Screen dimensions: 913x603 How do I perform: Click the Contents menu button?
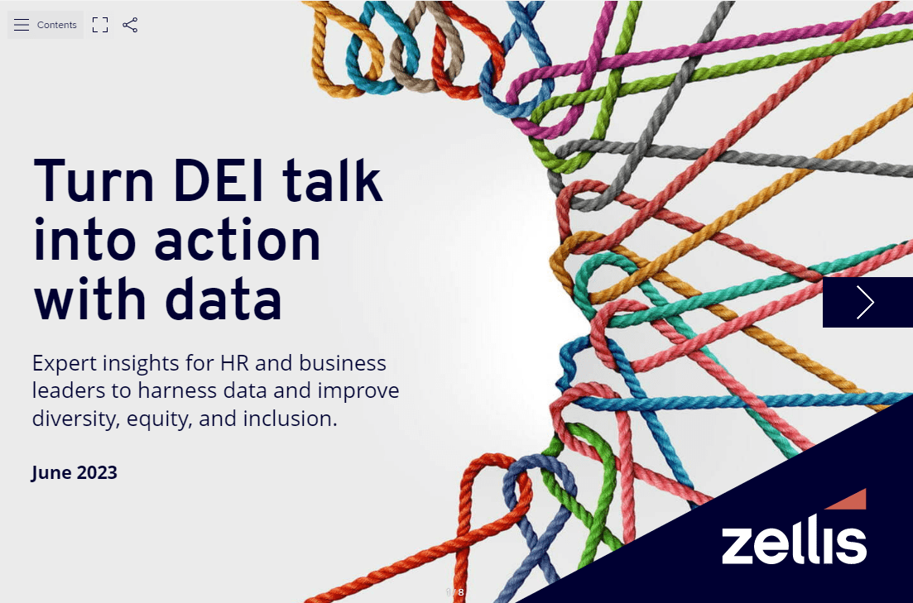pos(46,25)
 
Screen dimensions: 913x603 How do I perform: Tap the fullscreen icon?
pos(100,25)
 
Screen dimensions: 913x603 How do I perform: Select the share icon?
pos(130,25)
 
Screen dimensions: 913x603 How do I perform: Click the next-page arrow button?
pos(867,302)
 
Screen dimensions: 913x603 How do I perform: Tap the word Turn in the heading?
pos(94,181)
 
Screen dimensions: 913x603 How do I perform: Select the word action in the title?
pos(238,241)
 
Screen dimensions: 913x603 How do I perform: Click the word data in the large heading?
pos(223,299)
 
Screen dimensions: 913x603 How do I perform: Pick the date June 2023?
pos(74,472)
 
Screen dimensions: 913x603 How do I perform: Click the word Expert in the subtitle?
pos(65,364)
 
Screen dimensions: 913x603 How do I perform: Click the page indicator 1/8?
pos(455,592)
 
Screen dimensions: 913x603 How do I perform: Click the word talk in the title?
pos(333,179)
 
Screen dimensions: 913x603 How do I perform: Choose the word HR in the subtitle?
pos(234,363)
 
